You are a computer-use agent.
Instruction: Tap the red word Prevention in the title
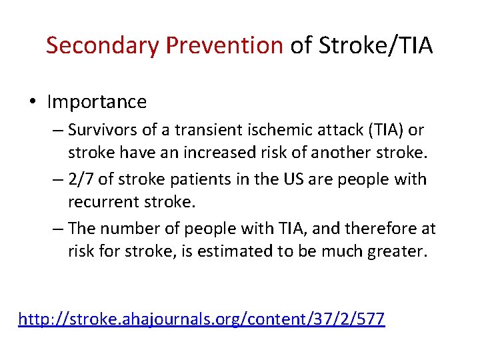[225, 45]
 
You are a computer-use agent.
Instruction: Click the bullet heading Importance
[97, 102]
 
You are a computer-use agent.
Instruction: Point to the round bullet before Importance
[33, 103]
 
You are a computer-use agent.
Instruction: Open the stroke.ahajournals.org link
[201, 319]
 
